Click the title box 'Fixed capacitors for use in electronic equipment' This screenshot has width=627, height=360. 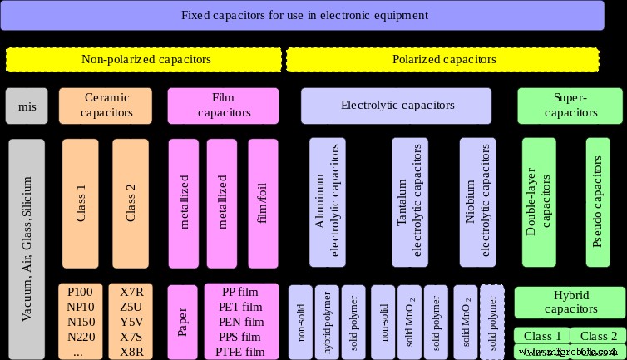point(304,15)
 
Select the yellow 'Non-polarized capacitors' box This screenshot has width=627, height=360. point(146,60)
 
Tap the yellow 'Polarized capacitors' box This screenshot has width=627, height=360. point(443,60)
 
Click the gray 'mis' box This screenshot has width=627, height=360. point(27,105)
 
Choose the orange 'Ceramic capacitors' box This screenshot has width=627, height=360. point(107,105)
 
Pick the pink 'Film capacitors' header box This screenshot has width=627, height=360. point(223,105)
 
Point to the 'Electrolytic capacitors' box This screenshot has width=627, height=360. point(397,106)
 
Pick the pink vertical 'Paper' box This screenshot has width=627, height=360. point(182,321)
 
